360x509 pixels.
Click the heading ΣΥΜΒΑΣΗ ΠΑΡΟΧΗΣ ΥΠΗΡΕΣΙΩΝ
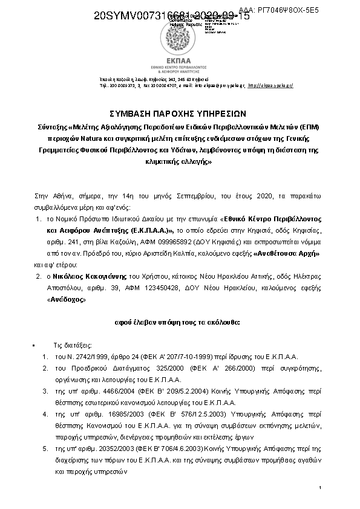tap(180, 113)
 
